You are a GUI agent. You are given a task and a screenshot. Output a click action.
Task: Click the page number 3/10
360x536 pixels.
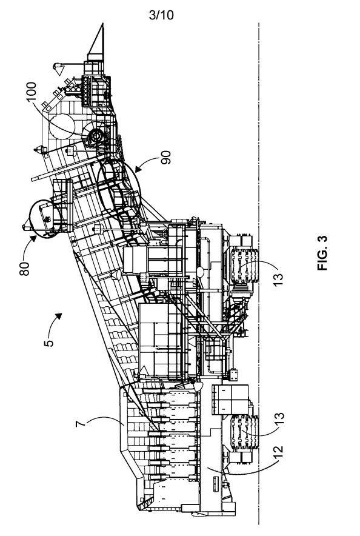(161, 15)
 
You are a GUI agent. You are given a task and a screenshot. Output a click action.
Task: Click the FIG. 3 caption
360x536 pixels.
(322, 253)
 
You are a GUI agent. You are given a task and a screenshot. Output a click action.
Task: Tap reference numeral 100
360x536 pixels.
(31, 92)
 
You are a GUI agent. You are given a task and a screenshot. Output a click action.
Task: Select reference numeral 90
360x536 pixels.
(165, 158)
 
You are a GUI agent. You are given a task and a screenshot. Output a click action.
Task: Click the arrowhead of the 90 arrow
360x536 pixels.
(138, 170)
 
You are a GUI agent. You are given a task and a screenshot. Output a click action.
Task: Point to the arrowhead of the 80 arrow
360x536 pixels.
(33, 238)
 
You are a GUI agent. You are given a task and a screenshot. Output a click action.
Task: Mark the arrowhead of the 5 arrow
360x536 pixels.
(59, 315)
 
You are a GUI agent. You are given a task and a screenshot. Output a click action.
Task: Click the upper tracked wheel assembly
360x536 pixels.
(244, 266)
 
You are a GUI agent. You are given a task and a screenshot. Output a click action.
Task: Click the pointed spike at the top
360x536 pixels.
(97, 41)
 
